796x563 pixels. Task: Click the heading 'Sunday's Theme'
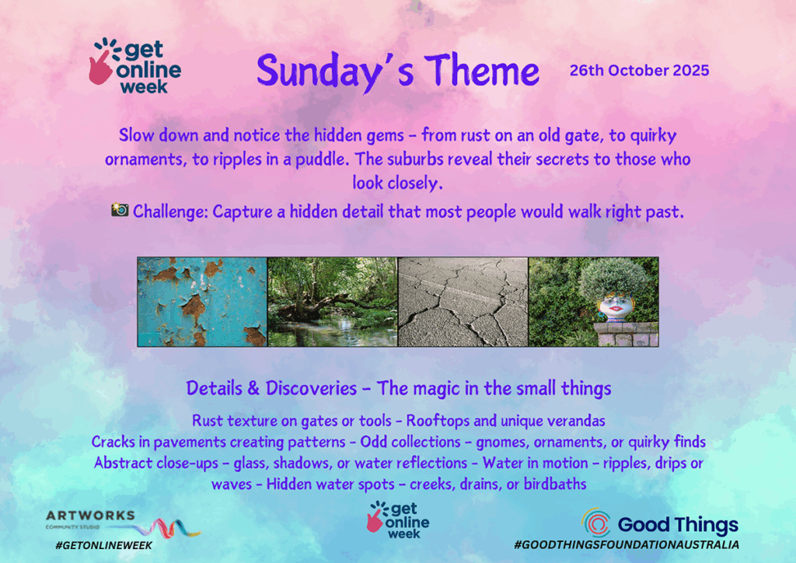click(x=397, y=71)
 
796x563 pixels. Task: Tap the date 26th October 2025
click(x=639, y=70)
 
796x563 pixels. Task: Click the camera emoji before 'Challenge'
click(x=120, y=209)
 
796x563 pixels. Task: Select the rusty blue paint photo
click(x=202, y=302)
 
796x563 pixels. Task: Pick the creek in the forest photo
click(x=333, y=302)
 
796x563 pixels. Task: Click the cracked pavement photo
click(x=463, y=302)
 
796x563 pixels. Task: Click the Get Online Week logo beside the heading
click(x=135, y=66)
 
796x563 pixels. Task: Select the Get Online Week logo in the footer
click(x=398, y=520)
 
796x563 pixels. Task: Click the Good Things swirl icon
click(x=596, y=523)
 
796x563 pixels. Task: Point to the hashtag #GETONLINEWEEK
click(x=103, y=545)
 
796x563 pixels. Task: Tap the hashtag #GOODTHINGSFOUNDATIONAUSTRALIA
click(x=627, y=544)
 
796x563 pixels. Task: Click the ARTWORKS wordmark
click(x=90, y=516)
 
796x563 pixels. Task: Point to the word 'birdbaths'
click(x=555, y=484)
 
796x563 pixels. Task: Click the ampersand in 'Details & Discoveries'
click(x=253, y=388)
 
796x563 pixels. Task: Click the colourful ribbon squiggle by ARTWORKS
click(x=168, y=529)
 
